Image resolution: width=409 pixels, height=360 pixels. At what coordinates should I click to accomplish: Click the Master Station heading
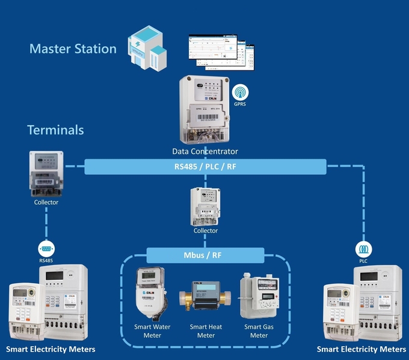click(x=73, y=49)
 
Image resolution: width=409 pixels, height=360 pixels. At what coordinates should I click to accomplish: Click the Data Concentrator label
click(x=205, y=151)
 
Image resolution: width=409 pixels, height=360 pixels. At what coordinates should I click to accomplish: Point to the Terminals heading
click(x=55, y=130)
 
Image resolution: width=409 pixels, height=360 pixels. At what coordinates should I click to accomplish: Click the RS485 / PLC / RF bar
click(x=205, y=166)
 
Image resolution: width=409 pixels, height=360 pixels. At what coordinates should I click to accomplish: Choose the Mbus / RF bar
click(x=205, y=255)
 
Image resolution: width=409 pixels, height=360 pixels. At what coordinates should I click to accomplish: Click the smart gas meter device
click(x=259, y=296)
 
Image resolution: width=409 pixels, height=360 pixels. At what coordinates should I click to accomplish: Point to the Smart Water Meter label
click(x=152, y=331)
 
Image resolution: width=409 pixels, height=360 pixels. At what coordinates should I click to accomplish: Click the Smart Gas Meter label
click(x=259, y=331)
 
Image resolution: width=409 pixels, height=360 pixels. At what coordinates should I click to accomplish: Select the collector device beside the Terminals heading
click(x=46, y=174)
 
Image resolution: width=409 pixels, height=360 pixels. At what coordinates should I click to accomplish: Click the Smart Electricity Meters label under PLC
click(x=361, y=349)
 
